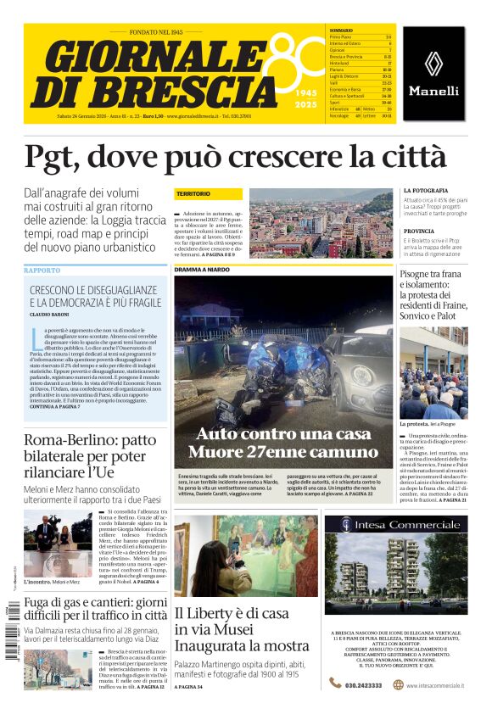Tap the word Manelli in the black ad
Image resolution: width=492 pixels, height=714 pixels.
(433, 91)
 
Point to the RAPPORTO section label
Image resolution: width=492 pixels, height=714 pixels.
(42, 271)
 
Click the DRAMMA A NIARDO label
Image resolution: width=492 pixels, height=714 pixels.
(202, 270)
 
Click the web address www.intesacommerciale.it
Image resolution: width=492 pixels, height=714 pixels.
(434, 685)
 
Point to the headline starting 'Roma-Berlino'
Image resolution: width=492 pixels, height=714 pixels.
(89, 440)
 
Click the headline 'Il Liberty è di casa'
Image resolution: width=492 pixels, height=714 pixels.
(232, 613)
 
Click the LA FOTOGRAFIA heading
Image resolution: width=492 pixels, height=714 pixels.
(426, 190)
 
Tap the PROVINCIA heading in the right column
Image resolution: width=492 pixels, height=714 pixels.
(419, 231)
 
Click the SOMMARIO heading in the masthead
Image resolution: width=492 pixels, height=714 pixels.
(341, 31)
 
